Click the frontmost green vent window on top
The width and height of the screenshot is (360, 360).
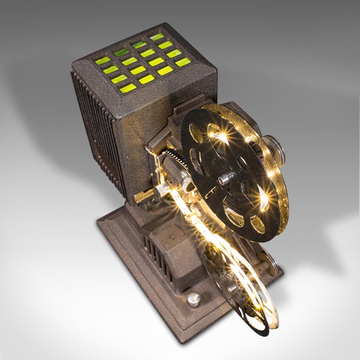127,88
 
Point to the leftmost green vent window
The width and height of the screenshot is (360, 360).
102,61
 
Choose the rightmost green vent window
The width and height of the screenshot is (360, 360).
183,62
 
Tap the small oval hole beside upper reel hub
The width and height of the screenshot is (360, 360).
242,163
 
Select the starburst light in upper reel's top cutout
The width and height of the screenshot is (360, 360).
219,136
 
